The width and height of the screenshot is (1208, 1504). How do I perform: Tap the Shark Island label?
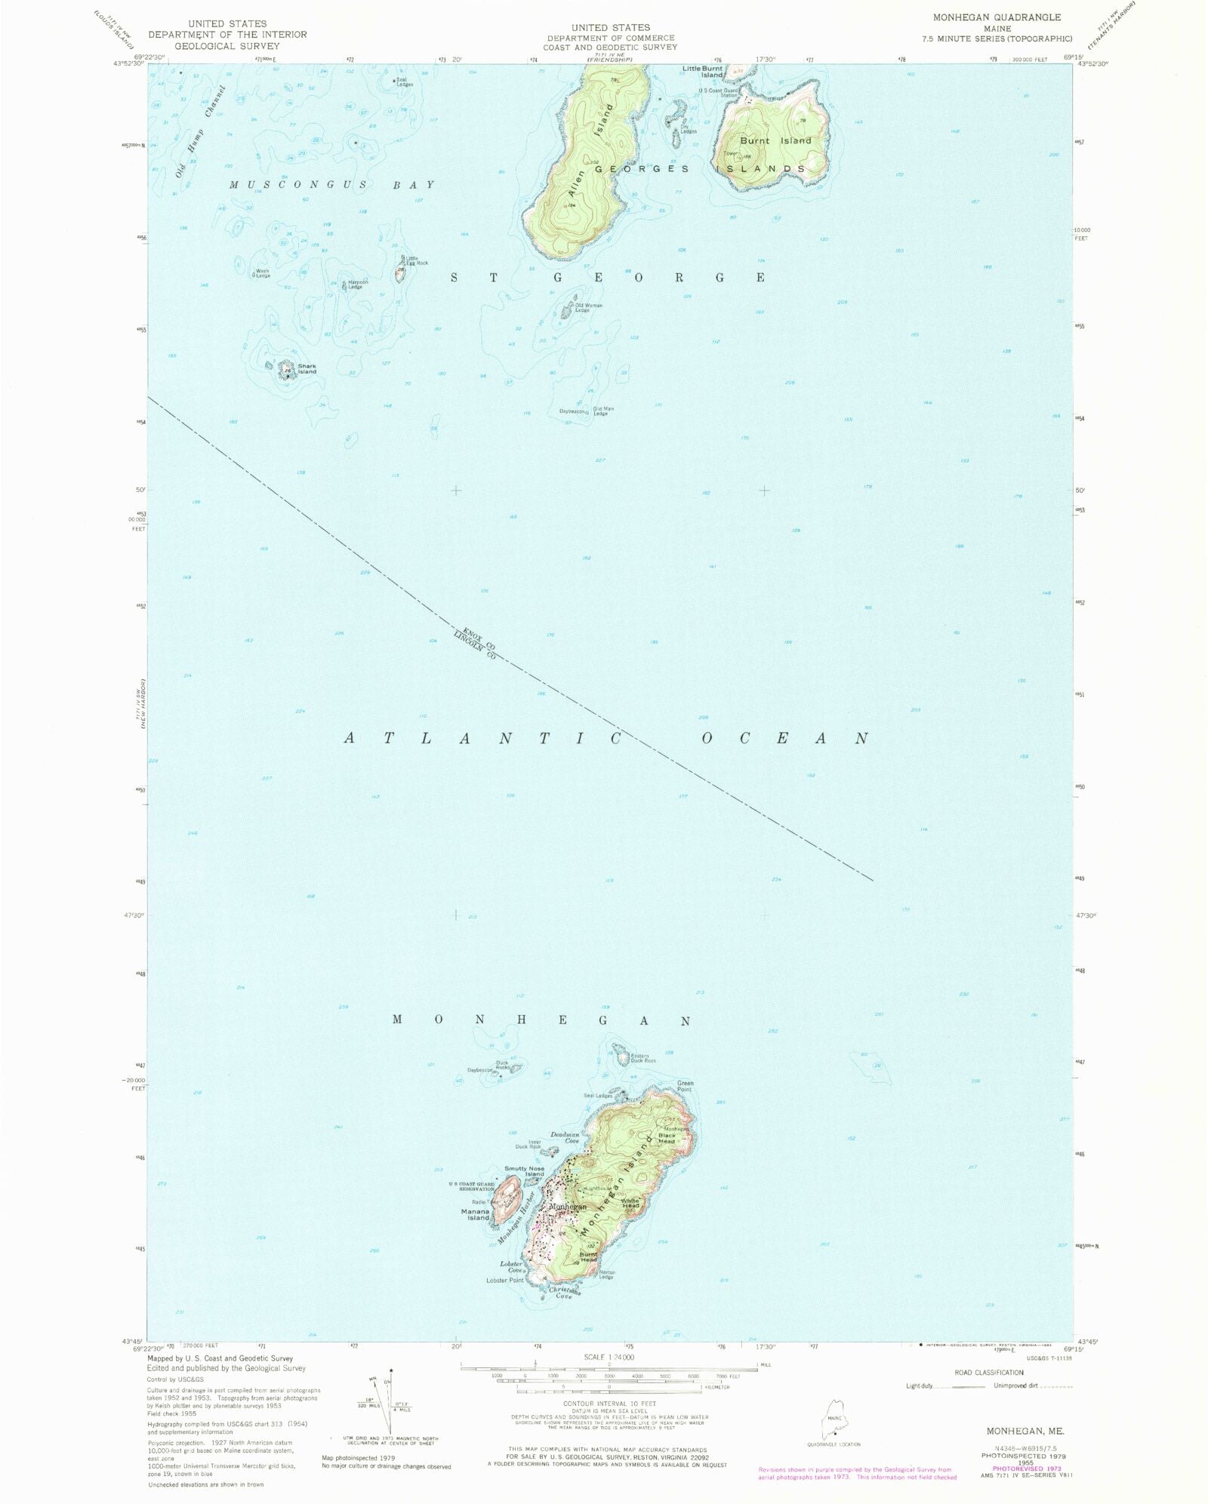[307, 369]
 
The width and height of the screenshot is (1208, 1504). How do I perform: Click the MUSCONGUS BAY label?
[332, 185]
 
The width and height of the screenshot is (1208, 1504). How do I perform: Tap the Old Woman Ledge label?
[588, 308]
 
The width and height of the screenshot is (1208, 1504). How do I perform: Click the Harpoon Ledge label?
[355, 285]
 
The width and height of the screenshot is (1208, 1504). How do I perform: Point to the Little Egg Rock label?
[417, 261]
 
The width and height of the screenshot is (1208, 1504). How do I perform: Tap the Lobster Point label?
[504, 1280]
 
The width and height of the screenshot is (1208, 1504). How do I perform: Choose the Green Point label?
[685, 1086]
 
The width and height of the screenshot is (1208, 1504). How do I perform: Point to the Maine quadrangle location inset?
[833, 1413]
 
